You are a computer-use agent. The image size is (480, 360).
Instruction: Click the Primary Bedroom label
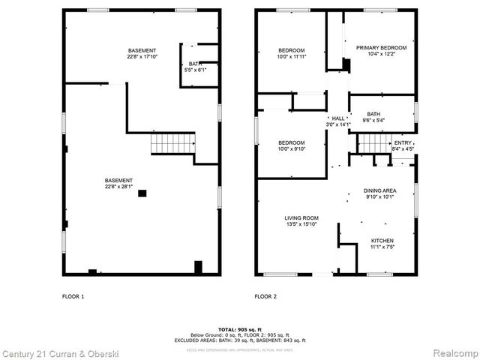coord(376,46)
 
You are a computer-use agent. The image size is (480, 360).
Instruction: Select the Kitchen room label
coord(382,241)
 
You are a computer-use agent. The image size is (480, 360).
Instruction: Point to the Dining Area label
coord(380,191)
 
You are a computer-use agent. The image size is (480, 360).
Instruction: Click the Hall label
coord(338,118)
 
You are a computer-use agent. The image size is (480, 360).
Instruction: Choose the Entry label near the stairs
coord(403,142)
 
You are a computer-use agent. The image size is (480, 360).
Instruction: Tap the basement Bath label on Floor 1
coord(195,64)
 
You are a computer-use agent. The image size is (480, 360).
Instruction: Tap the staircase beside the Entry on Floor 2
coord(373,142)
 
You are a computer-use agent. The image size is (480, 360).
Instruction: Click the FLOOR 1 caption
coord(73,296)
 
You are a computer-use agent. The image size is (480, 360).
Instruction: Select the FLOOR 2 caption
coord(265,296)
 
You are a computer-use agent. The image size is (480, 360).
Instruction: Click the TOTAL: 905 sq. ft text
coord(240,330)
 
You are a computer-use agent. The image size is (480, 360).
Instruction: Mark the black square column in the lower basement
coord(142,193)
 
